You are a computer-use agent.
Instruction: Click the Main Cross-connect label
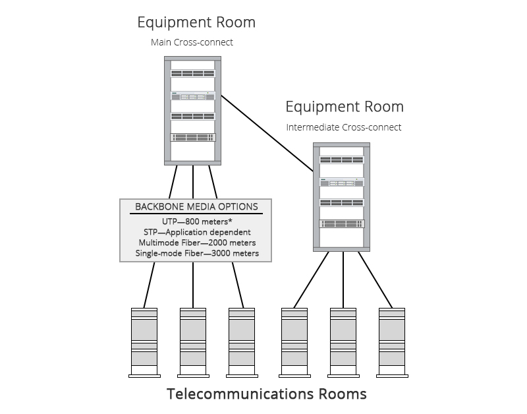[x=192, y=43]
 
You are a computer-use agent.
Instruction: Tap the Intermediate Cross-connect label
[x=343, y=127]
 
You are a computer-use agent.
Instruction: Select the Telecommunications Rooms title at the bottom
[x=266, y=394]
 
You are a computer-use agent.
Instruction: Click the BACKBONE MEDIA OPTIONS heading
[x=196, y=206]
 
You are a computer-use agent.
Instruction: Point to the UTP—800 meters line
[x=196, y=222]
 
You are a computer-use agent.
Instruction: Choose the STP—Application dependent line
[x=196, y=232]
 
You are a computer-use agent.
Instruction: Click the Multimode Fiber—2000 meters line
[x=196, y=243]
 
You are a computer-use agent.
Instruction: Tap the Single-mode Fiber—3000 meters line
[x=196, y=253]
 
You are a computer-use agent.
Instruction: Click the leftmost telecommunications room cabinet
[x=144, y=342]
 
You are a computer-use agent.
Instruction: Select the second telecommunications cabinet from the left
[x=192, y=342]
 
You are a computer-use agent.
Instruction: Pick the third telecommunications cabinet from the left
[x=242, y=342]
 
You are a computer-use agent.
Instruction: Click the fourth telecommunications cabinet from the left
[x=294, y=342]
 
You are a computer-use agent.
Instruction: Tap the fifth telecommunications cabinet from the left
[x=343, y=342]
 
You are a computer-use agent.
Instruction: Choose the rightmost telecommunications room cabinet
[x=392, y=342]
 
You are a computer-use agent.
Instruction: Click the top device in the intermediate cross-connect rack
[x=341, y=160]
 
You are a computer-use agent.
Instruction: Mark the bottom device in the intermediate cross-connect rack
[x=341, y=223]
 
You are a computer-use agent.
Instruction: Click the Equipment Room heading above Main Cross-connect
[x=196, y=22]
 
